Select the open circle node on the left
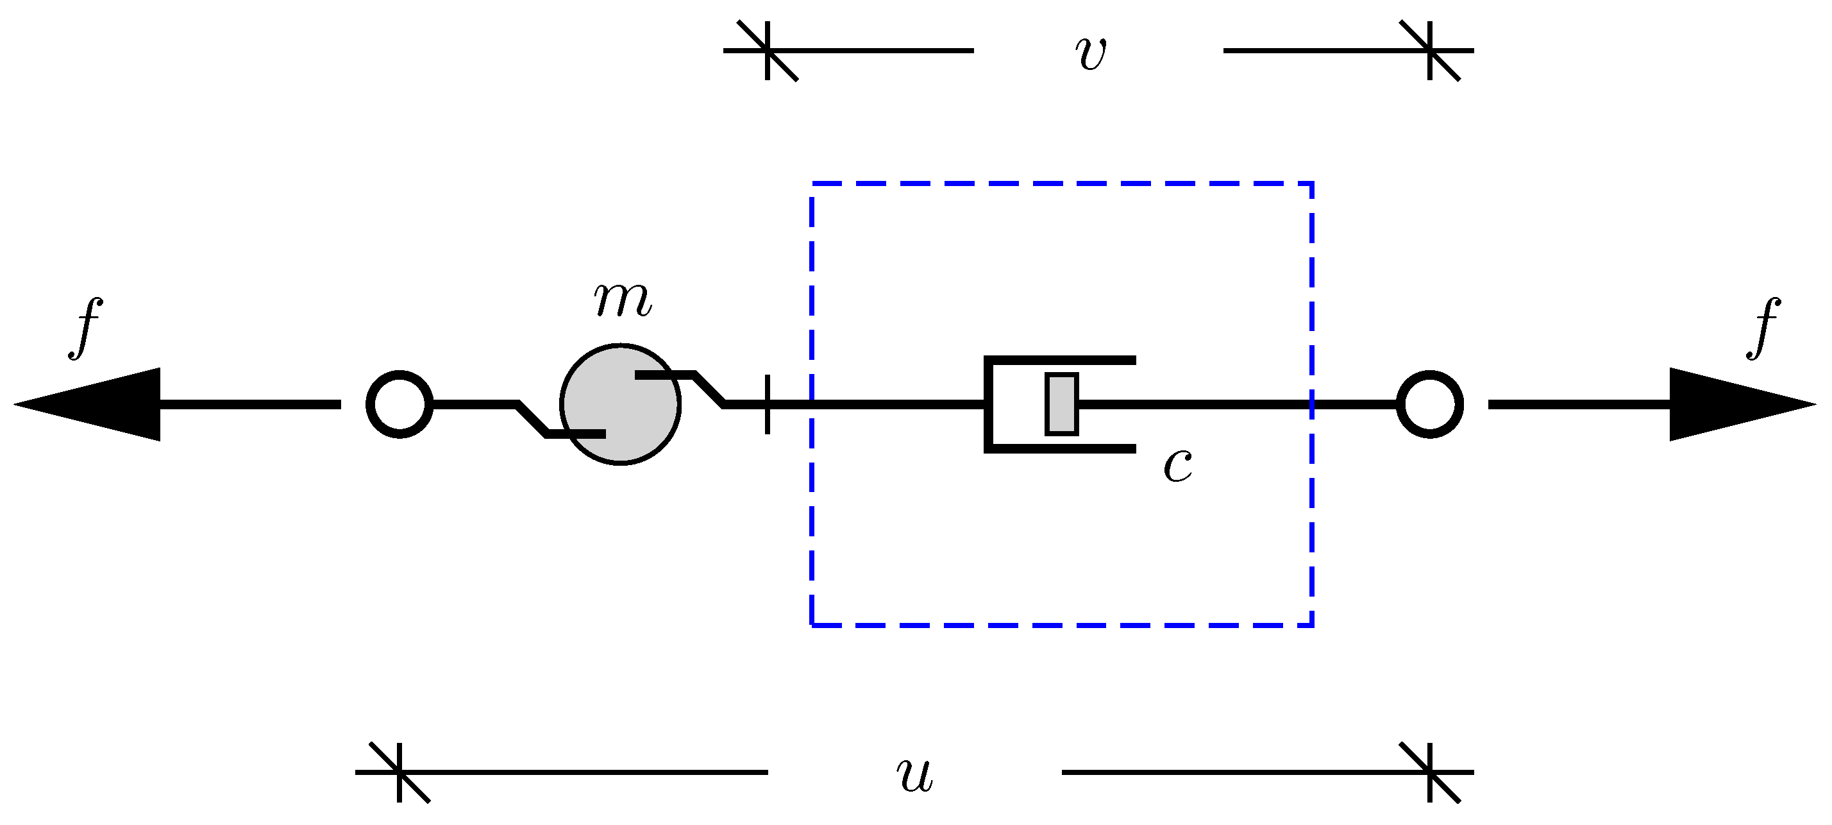pyautogui.click(x=399, y=404)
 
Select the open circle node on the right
pyautogui.click(x=1430, y=404)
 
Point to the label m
pyautogui.click(x=622, y=300)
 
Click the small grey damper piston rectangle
pyautogui.click(x=1062, y=404)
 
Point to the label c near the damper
pyautogui.click(x=1178, y=466)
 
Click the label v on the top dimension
pyautogui.click(x=1091, y=53)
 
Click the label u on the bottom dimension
pyautogui.click(x=914, y=774)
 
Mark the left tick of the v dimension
pyautogui.click(x=768, y=51)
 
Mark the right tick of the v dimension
pyautogui.click(x=1430, y=51)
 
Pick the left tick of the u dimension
pyautogui.click(x=399, y=772)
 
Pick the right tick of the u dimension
pyautogui.click(x=1430, y=772)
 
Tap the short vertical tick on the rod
pyautogui.click(x=768, y=404)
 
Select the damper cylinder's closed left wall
pyautogui.click(x=988, y=404)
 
